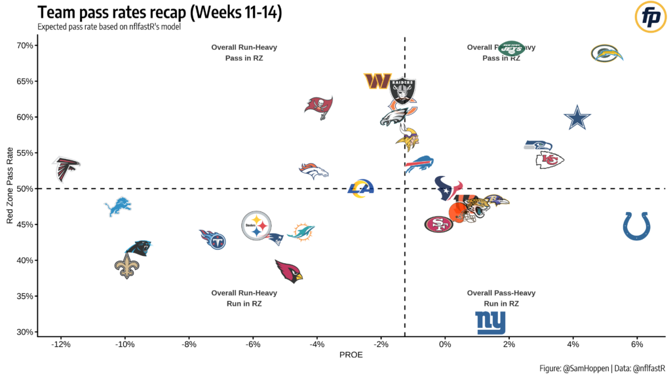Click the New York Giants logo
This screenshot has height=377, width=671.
click(x=490, y=322)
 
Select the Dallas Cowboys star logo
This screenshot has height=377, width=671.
click(x=577, y=118)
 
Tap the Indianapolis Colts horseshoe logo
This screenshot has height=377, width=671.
click(x=636, y=226)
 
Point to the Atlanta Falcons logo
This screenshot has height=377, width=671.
click(x=66, y=169)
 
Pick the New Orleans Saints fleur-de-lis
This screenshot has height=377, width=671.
click(x=127, y=266)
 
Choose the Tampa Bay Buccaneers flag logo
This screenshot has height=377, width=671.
click(x=319, y=105)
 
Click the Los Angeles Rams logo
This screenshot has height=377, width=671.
click(x=360, y=188)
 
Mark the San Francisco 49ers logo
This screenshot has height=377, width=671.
click(x=438, y=224)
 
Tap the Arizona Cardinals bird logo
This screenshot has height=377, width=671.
click(x=289, y=270)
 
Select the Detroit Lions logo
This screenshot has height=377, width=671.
click(x=118, y=207)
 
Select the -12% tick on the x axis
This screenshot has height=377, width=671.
click(x=61, y=344)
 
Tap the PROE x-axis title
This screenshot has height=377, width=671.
click(x=351, y=355)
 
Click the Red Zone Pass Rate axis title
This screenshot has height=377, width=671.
click(x=10, y=188)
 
